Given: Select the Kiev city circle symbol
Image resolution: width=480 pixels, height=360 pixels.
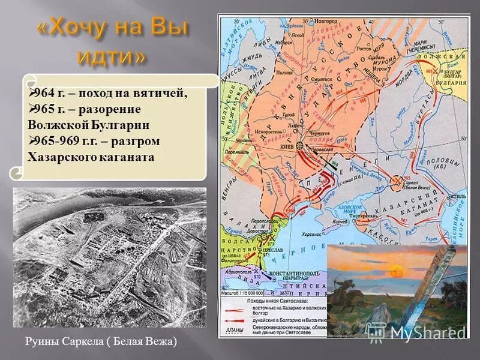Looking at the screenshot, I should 299,146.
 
